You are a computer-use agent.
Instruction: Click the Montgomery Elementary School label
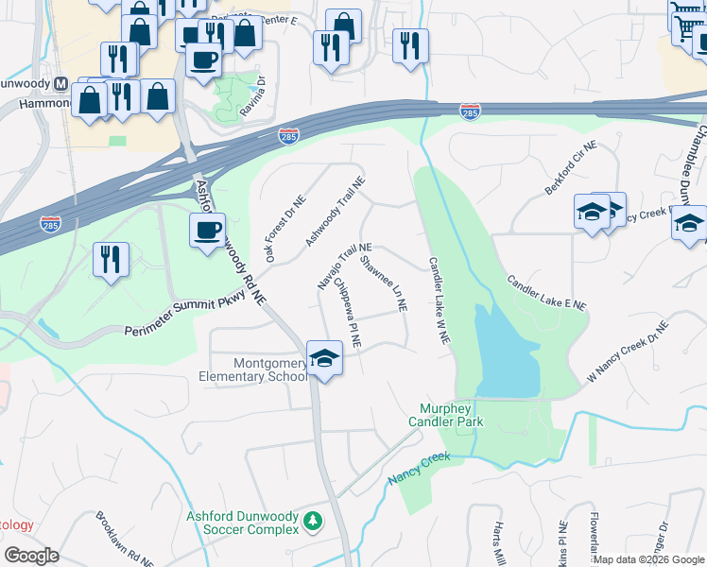[x=252, y=369]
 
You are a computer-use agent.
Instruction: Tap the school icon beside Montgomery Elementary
[x=324, y=359]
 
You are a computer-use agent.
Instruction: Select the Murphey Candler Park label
[x=451, y=415]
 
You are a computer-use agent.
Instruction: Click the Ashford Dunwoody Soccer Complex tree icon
[x=311, y=521]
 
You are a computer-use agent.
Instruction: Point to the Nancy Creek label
[x=420, y=469]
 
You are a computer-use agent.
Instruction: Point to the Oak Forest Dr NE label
[x=285, y=229]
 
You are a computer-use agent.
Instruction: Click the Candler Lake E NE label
[x=546, y=293]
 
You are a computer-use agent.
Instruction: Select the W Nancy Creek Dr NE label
[x=627, y=351]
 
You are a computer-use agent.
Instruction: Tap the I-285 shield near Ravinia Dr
[x=289, y=137]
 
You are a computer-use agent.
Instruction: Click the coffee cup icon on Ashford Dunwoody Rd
[x=207, y=229]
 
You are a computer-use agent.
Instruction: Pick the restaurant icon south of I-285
[x=111, y=259]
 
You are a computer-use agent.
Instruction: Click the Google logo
[x=32, y=556]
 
